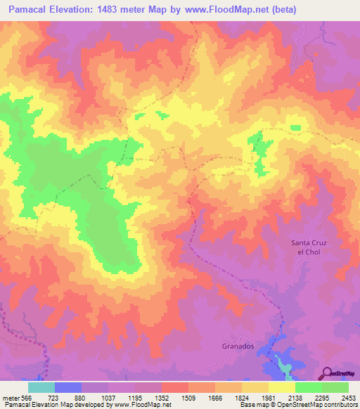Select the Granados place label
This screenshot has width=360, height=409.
[233, 346]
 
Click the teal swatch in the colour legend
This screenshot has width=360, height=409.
[41, 387]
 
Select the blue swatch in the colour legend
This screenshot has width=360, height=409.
[68, 387]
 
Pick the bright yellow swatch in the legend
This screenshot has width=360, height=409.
[281, 387]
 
